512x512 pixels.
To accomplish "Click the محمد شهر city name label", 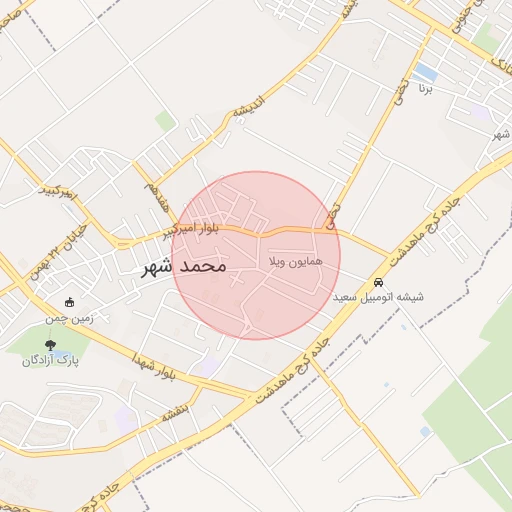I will pos(185,267).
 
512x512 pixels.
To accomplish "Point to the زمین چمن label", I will pos(67,318).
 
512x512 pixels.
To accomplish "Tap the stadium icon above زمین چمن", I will pos(68,302).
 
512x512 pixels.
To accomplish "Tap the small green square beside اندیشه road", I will pos(165,121).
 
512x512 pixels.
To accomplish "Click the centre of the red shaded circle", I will pos(256,255).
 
